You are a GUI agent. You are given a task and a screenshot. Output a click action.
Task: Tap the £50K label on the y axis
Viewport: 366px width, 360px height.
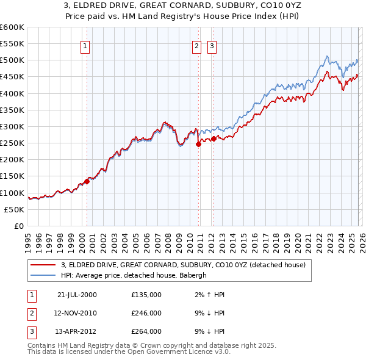coord(15,209)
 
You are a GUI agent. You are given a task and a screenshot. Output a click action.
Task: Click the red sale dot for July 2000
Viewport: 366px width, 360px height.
coord(87,181)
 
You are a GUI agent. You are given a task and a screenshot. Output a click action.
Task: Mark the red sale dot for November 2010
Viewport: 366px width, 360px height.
coord(198,145)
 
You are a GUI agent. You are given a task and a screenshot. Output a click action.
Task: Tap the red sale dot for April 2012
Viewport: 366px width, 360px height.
coord(213,139)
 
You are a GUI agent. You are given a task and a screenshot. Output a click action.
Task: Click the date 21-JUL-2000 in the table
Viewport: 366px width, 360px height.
coord(77,294)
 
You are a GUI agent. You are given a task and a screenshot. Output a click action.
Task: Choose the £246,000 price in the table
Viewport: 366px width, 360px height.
coord(146,312)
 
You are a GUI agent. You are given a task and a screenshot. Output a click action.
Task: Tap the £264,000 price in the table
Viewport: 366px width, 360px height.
coord(146,331)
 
